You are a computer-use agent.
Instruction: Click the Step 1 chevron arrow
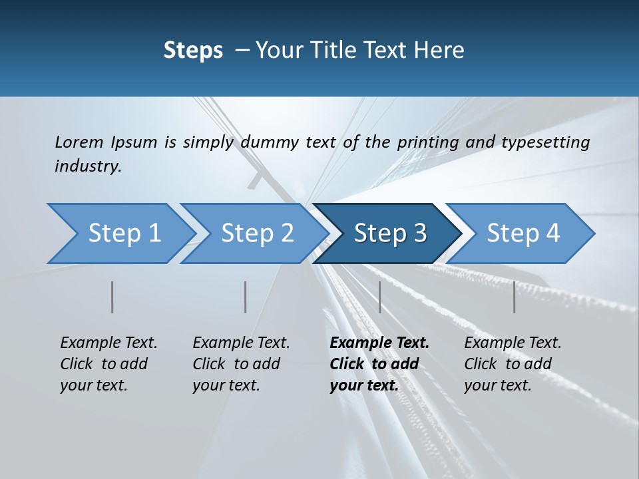coord(124,234)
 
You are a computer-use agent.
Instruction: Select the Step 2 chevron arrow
coord(257,234)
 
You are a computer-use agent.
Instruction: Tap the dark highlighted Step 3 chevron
coord(390,234)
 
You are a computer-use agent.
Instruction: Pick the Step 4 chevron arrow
coord(523,234)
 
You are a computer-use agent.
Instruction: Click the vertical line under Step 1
coord(112,297)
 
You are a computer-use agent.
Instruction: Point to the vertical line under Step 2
coord(246,297)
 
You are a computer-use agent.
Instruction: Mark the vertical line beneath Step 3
coord(379,297)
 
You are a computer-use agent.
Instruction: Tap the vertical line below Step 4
coord(514,297)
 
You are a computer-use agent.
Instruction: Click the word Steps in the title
coord(193,51)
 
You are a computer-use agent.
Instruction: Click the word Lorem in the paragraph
coord(79,142)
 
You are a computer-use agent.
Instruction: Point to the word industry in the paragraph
coord(87,166)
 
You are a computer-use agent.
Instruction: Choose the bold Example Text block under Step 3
coord(379,364)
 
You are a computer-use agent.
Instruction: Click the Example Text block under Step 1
coord(108,364)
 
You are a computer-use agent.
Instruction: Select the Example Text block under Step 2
coord(241,364)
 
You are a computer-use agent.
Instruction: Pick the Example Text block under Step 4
coord(513,364)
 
